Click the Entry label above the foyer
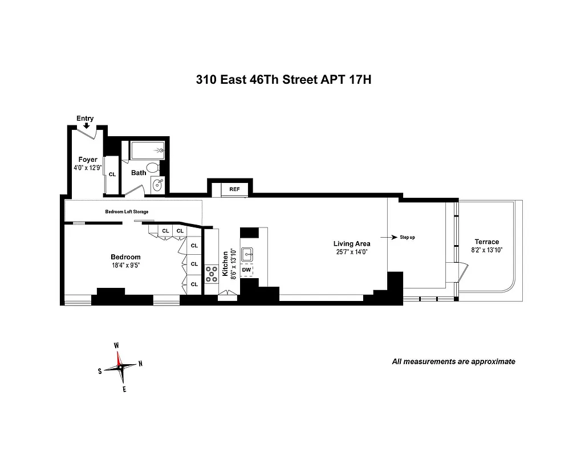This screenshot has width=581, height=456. coord(85,119)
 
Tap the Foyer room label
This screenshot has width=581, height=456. coord(88,160)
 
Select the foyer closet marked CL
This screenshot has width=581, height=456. coord(112,174)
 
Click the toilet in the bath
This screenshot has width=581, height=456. coord(152,168)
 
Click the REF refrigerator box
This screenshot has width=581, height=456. coord(234,189)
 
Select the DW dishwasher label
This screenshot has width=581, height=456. coord(246,270)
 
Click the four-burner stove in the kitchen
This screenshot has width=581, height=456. coord(212,274)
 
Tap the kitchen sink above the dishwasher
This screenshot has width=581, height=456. coord(247,255)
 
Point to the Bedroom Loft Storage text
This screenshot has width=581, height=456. coord(127,212)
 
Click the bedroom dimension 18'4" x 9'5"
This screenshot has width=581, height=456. coord(125,265)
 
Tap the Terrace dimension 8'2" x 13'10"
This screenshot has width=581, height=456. coord(486,250)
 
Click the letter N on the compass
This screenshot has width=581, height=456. coord(140,364)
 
